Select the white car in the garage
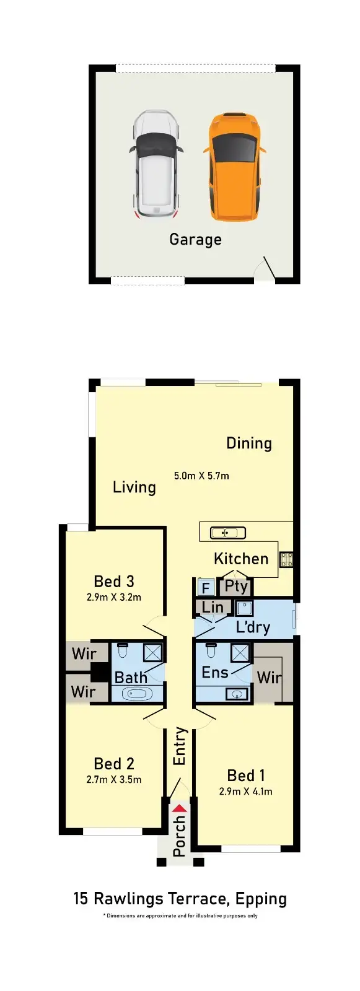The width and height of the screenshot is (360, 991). point(156,164)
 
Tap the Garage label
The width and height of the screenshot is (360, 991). point(195,240)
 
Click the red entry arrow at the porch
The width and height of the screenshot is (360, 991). point(179,808)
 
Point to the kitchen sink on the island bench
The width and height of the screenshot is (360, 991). point(227,533)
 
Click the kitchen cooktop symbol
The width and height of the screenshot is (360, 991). point(286,559)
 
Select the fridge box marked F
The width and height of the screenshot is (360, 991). point(206,587)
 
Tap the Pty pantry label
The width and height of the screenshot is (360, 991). point(236,586)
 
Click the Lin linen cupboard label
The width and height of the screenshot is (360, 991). point(213,608)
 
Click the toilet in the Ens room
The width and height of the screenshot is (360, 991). point(211,651)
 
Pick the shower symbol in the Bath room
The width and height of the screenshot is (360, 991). point(152,652)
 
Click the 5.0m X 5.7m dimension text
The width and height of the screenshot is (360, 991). point(201,476)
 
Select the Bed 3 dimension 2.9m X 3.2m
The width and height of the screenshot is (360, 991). point(114,598)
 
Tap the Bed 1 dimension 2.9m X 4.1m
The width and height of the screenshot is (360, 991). point(245,792)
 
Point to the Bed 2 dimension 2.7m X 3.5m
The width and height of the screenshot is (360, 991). point(114,780)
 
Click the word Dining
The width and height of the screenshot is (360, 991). point(249,443)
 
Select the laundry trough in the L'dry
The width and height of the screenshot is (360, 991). point(245,608)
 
